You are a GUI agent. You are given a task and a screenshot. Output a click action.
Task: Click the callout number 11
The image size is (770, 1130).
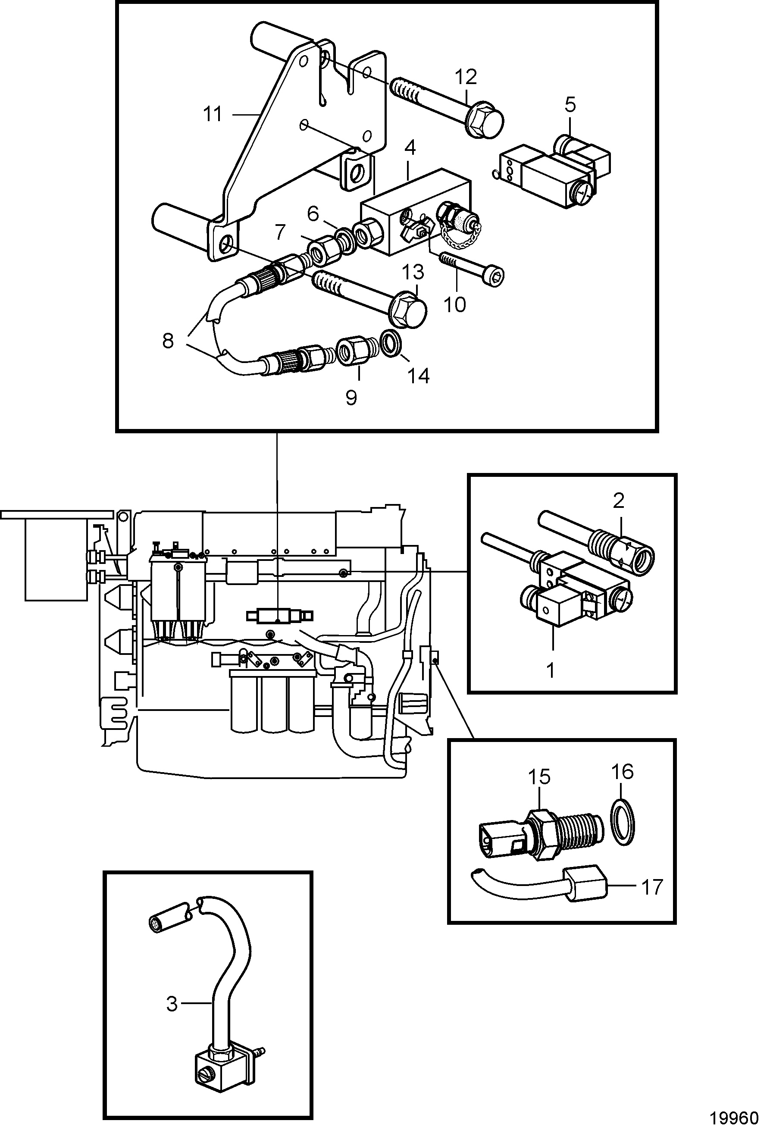[213, 114]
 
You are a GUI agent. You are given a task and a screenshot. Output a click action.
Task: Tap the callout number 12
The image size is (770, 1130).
[466, 77]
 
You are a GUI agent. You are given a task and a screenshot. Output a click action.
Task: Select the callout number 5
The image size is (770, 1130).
[570, 104]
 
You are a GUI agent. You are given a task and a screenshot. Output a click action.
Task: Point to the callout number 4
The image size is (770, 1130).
[410, 148]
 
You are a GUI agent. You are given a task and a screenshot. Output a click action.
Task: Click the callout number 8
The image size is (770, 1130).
[168, 341]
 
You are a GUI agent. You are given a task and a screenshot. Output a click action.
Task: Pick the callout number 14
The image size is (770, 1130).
[419, 376]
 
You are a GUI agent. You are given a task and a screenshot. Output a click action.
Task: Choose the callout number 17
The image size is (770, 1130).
[652, 887]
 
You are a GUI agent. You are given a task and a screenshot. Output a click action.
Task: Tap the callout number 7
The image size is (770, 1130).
[279, 233]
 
